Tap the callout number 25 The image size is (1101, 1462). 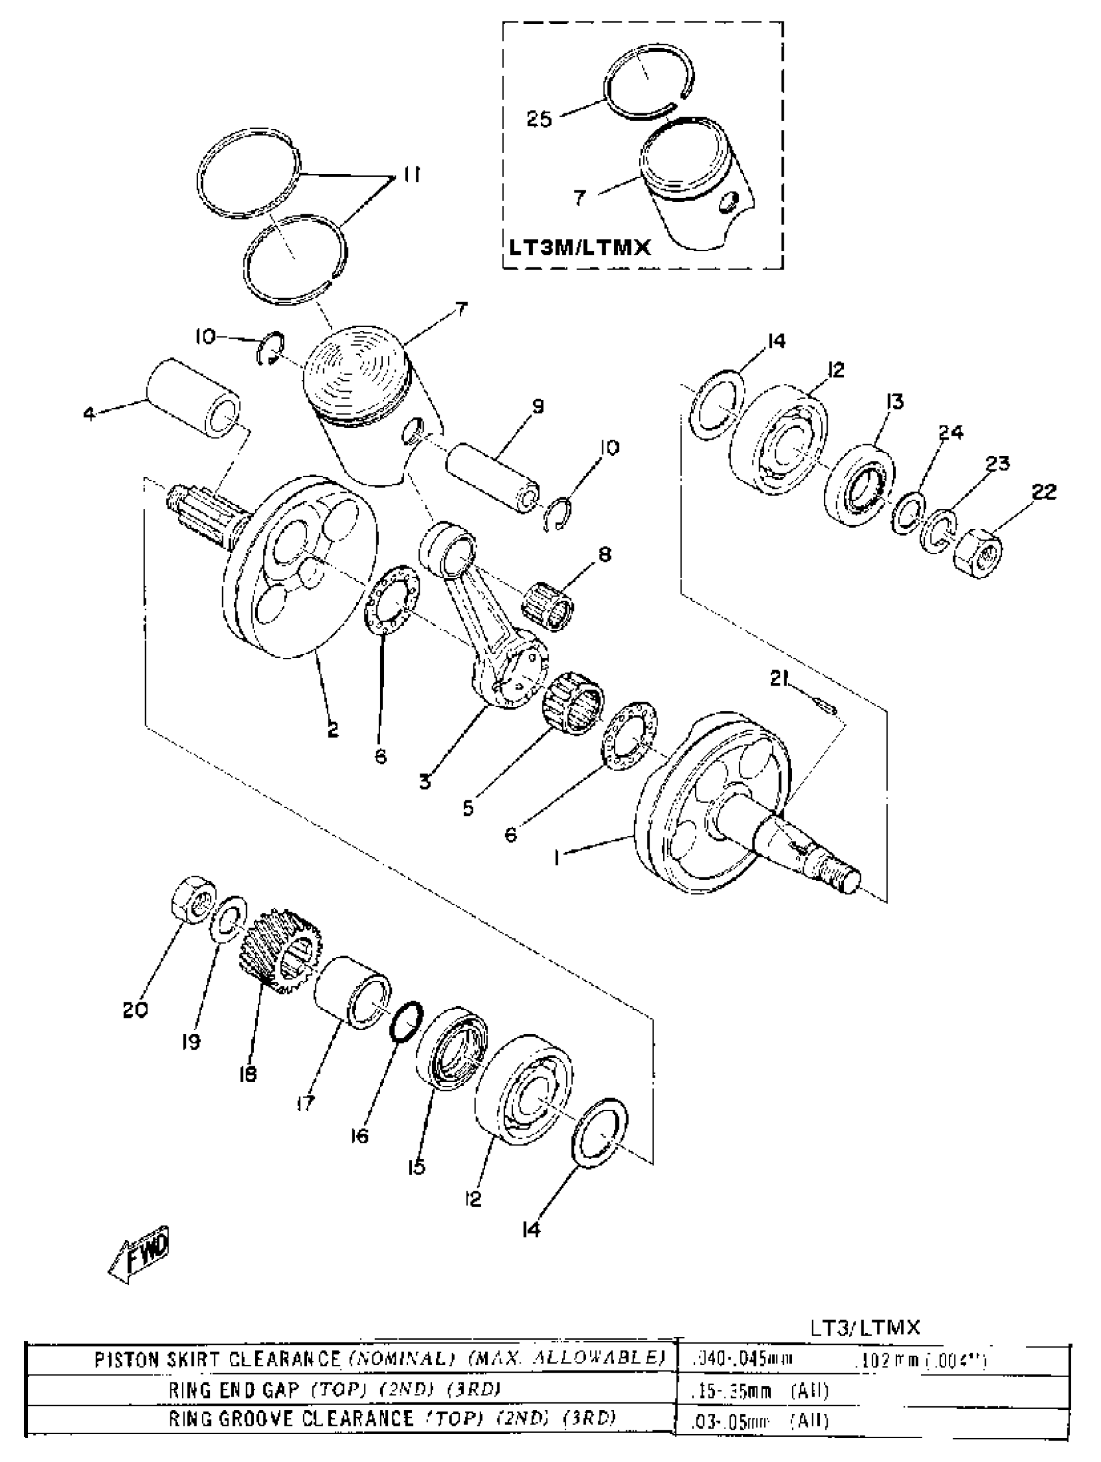coord(539,120)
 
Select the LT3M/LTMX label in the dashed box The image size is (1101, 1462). coord(579,247)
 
